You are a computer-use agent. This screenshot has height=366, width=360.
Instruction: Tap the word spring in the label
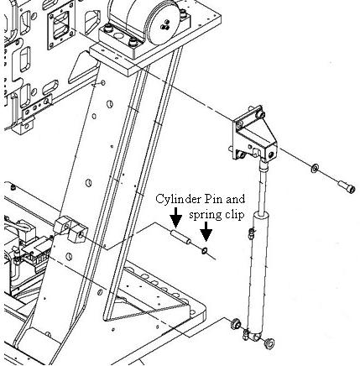tap(206, 216)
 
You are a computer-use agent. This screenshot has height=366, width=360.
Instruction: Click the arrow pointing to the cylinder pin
tap(176, 217)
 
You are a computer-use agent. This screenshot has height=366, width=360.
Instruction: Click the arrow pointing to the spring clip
tap(206, 232)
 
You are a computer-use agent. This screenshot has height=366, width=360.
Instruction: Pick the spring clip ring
tap(205, 251)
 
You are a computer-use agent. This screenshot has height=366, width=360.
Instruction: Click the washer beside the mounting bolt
tap(315, 168)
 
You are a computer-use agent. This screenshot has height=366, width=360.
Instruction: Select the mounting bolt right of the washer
tap(347, 186)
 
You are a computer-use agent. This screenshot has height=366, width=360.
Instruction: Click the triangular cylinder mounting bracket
tap(255, 133)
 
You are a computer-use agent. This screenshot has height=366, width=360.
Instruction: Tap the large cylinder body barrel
tap(258, 269)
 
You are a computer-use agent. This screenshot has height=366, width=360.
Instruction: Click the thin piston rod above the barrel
tap(263, 190)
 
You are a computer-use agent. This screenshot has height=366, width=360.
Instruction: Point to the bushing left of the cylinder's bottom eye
tap(236, 324)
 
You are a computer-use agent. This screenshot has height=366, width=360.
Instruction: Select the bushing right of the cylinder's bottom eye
tap(269, 343)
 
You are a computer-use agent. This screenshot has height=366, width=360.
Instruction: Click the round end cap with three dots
tap(162, 23)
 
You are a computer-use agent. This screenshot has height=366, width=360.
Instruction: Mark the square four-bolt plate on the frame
tap(61, 25)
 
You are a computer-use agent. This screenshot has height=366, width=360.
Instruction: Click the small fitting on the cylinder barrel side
tap(251, 234)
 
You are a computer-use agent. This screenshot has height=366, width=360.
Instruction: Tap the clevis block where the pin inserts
tap(72, 229)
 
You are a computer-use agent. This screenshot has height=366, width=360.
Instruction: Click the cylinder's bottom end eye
tap(254, 335)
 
